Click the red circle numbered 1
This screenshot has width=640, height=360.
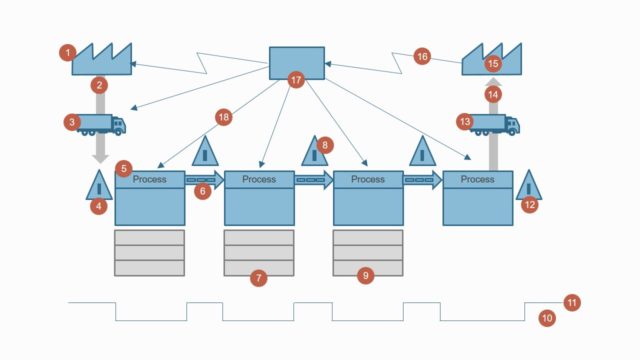[67, 52]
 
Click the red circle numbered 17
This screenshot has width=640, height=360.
[295, 79]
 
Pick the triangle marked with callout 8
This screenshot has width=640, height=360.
[314, 153]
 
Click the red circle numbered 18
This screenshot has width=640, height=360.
[223, 117]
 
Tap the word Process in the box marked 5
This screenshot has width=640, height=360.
[150, 179]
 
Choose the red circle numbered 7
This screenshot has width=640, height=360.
[258, 278]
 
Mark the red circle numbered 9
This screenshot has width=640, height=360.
[365, 275]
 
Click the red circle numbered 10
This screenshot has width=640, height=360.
[547, 318]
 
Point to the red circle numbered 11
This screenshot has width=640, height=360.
[571, 301]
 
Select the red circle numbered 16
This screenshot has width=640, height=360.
[422, 57]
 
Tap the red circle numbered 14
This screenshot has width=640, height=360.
[492, 93]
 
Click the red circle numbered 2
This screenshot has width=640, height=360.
[98, 85]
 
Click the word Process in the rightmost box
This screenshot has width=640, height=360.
[477, 179]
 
